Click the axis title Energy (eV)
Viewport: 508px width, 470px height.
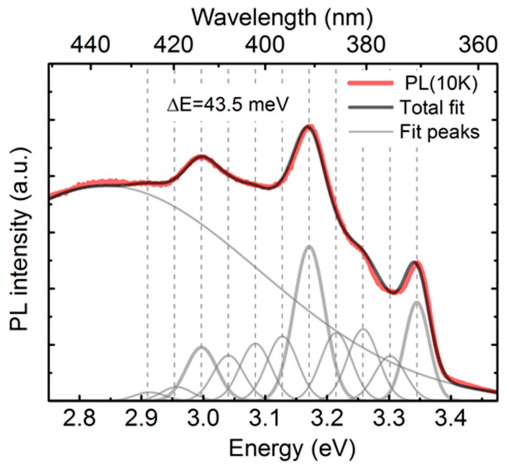[x=292, y=448]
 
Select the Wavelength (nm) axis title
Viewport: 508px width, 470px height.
[x=282, y=18]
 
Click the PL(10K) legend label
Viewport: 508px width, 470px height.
[x=441, y=83]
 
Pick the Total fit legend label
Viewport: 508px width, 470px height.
[x=432, y=108]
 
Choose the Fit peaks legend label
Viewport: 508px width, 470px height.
[x=439, y=132]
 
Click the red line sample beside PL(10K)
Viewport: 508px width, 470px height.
[x=370, y=83]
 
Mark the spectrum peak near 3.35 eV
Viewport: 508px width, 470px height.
[x=416, y=263]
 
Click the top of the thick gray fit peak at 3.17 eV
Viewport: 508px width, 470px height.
[x=309, y=246]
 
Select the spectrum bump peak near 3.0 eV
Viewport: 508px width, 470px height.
[x=201, y=156]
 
